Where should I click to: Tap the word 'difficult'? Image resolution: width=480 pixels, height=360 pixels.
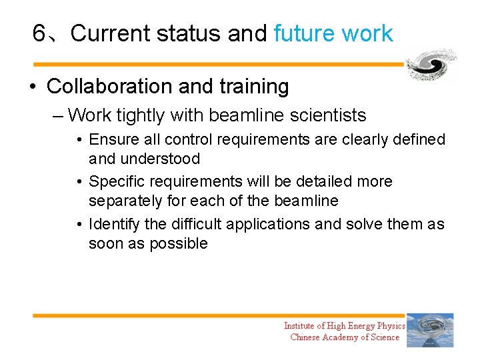click(197, 224)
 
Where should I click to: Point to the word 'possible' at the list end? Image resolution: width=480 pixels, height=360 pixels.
click(178, 243)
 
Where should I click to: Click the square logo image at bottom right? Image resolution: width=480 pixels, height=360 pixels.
click(430, 331)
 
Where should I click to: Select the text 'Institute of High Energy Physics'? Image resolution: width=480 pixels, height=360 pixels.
click(344, 325)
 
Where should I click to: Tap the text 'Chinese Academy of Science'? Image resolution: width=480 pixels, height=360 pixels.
click(344, 337)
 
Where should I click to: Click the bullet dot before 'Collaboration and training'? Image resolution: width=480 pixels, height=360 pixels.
click(32, 87)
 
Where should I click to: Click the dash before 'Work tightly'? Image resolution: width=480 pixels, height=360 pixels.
click(57, 116)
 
